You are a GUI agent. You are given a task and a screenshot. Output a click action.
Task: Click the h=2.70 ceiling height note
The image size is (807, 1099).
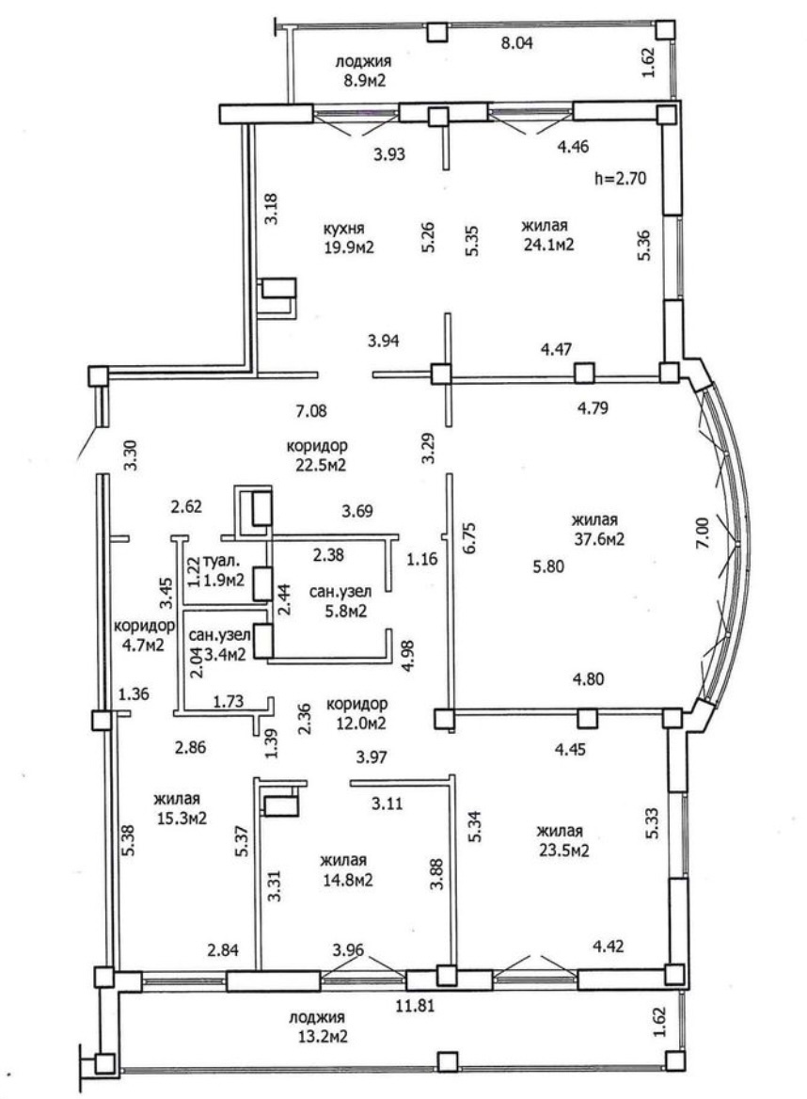click(x=623, y=177)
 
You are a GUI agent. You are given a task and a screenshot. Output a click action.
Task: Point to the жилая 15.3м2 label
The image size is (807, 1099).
click(x=179, y=808)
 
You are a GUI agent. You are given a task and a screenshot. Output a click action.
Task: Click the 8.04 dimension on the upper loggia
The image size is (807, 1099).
click(x=515, y=42)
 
